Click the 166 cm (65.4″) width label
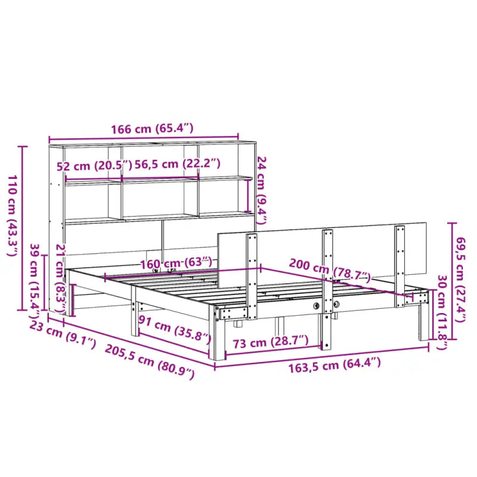(143, 128)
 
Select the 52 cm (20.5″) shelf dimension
(94, 166)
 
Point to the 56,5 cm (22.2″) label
(177, 163)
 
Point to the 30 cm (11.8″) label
(442, 311)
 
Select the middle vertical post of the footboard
(327, 280)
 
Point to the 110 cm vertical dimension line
(23, 227)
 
